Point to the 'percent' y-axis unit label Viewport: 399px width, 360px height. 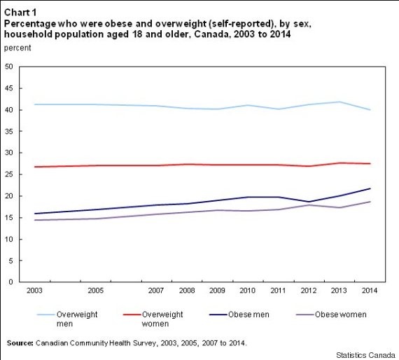(x=18, y=47)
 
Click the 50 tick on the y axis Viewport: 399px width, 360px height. (x=9, y=67)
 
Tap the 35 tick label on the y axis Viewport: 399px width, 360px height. (x=9, y=132)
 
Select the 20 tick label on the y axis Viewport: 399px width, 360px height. (x=9, y=196)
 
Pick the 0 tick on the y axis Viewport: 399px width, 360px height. (x=11, y=282)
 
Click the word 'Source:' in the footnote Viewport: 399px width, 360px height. (x=22, y=343)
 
